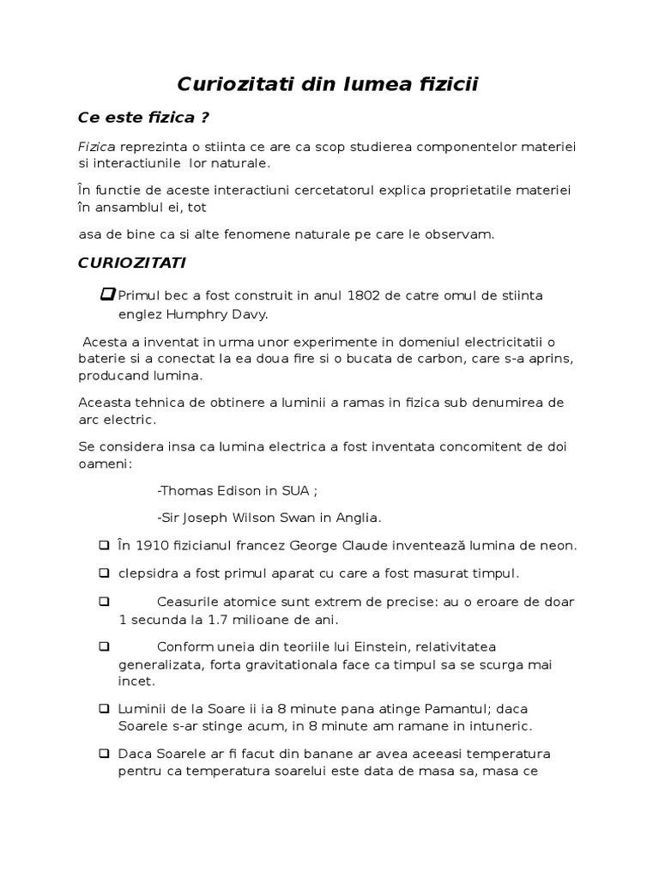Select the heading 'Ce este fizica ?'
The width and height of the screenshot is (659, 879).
[x=143, y=117]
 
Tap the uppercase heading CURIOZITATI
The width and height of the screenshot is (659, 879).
[x=131, y=261]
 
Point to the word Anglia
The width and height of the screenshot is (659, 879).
[x=359, y=518]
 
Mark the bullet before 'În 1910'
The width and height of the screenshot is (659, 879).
[x=104, y=545]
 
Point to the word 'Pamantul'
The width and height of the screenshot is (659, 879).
[x=457, y=709]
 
